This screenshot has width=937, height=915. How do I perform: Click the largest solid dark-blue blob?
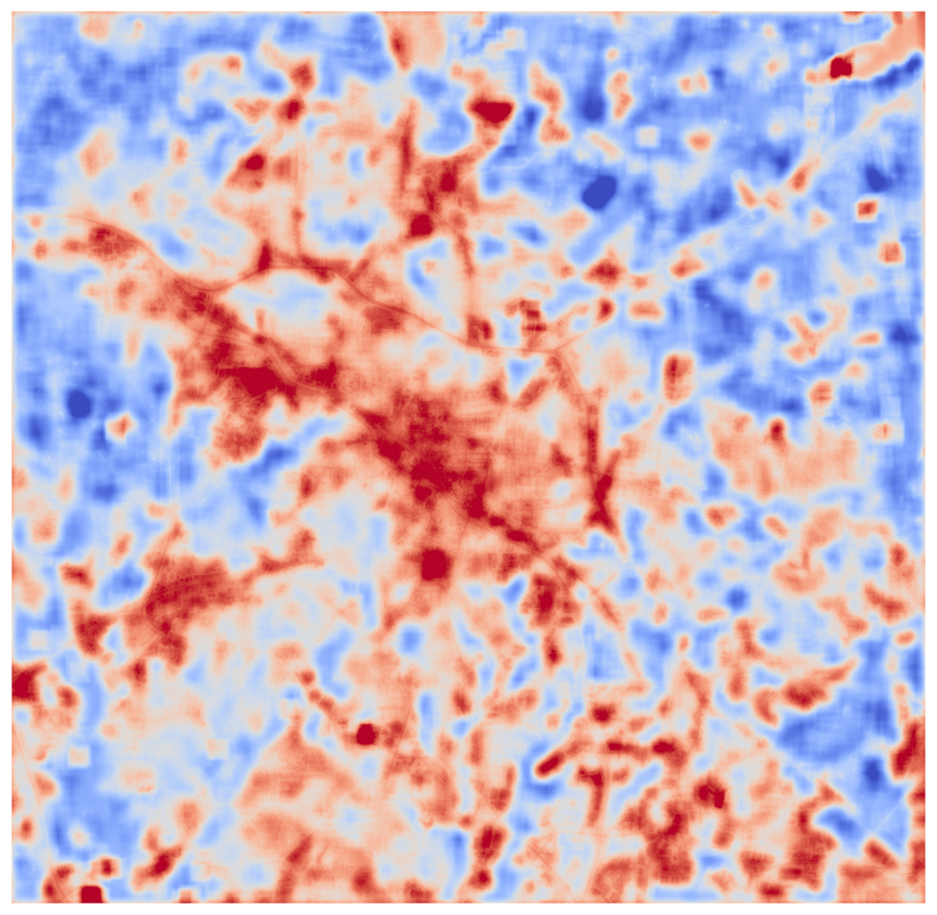tap(600, 192)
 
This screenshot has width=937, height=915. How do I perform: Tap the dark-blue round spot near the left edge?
tap(79, 404)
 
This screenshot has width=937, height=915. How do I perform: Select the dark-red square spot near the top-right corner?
tap(840, 67)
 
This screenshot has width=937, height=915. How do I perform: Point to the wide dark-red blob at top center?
tap(493, 111)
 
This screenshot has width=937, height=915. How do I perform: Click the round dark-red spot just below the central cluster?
tap(434, 563)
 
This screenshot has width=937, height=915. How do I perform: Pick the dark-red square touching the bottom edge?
tap(91, 893)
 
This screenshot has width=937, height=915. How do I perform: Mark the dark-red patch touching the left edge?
tap(23, 683)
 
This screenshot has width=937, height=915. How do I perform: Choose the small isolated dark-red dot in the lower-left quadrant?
tap(364, 734)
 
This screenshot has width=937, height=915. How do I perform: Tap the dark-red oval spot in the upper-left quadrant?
tap(254, 161)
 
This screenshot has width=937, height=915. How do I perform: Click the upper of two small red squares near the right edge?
tap(866, 209)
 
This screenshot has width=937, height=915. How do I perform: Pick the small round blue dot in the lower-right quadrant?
tap(735, 598)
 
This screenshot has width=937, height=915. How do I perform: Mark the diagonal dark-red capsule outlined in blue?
tap(552, 763)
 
